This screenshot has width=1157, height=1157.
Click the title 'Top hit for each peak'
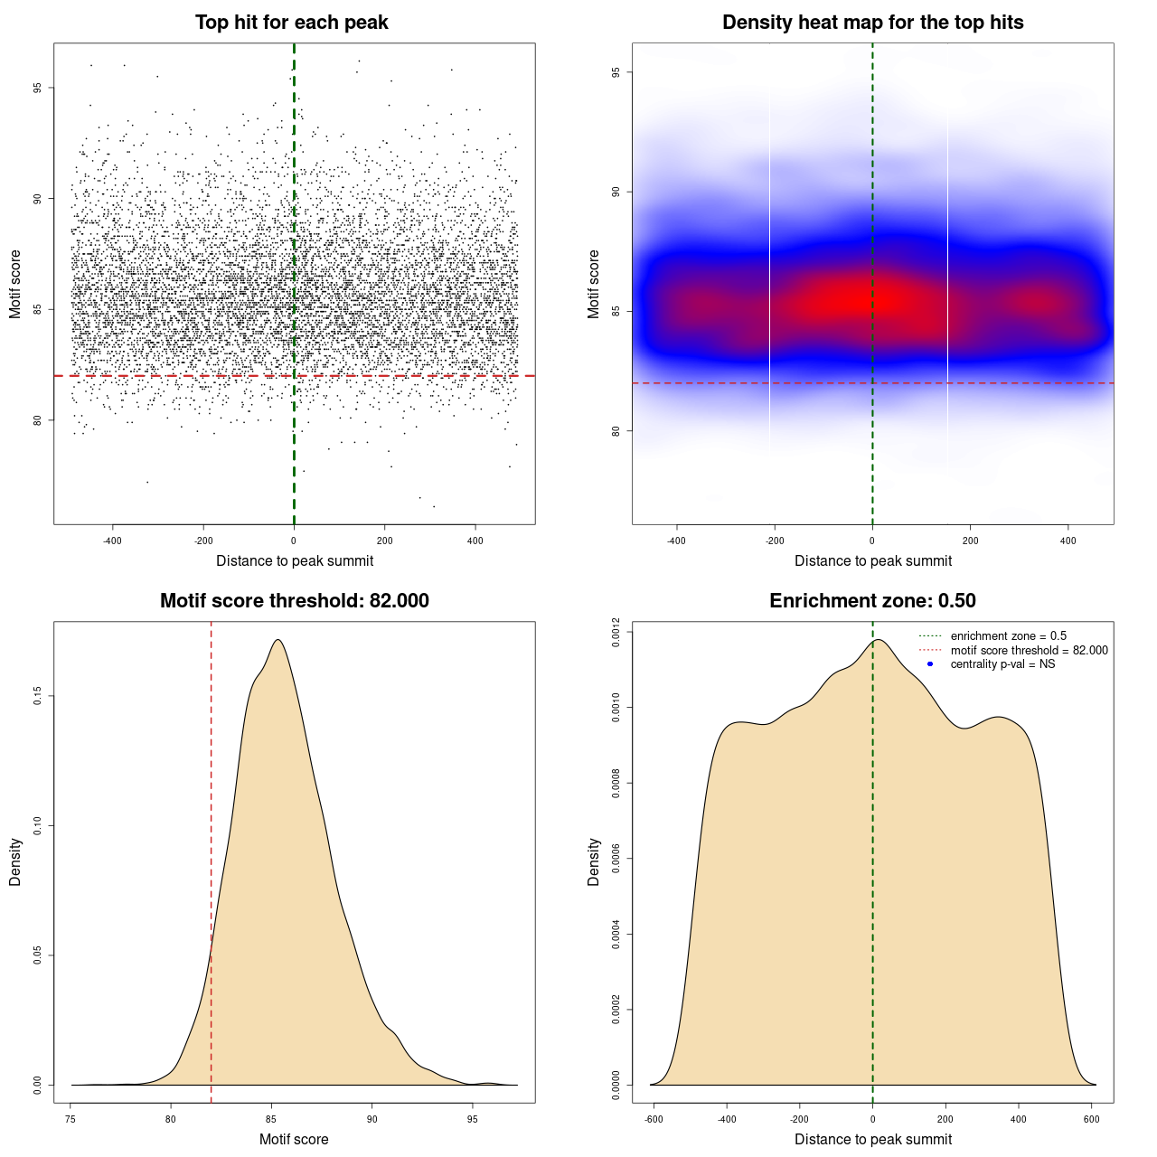click(291, 23)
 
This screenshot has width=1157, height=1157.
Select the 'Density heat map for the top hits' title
click(872, 23)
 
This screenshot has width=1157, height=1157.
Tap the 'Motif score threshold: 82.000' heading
click(294, 601)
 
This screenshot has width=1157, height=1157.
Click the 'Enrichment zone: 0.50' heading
click(872, 601)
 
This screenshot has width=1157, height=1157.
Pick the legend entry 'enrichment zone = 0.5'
click(1008, 636)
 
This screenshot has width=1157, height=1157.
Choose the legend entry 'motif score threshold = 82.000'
click(1029, 651)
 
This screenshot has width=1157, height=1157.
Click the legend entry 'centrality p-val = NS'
click(1002, 664)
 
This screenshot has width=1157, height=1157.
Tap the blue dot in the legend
click(930, 664)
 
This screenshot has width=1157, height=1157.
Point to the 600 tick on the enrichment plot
click(1091, 1119)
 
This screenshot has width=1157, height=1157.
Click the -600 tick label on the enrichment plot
click(654, 1119)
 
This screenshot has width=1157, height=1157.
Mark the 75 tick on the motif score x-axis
click(71, 1119)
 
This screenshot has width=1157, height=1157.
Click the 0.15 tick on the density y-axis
click(38, 696)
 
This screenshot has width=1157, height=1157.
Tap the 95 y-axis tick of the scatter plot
click(38, 88)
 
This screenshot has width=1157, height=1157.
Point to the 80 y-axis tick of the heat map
click(616, 431)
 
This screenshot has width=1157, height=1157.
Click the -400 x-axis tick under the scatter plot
click(112, 541)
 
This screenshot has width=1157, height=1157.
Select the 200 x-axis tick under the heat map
click(970, 541)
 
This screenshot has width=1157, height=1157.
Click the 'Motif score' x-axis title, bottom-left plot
click(294, 1139)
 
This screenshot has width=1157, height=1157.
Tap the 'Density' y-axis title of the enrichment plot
click(594, 861)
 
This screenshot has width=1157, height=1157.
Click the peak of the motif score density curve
click(278, 640)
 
